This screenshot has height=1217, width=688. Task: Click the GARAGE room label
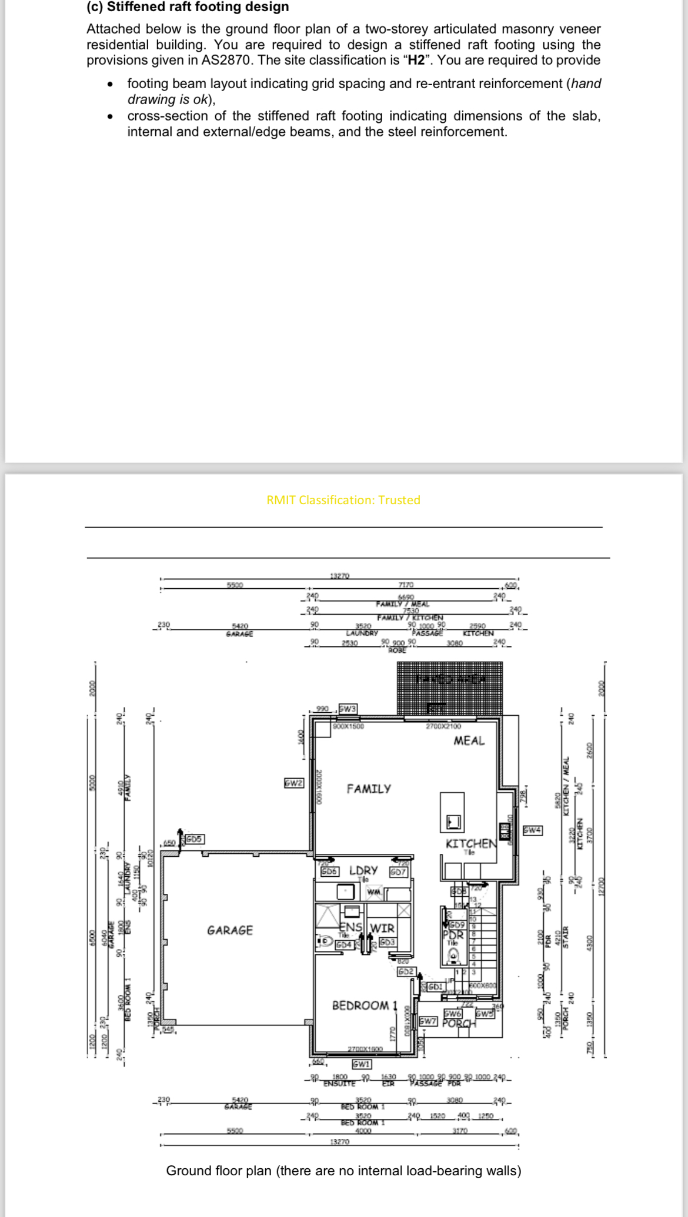coord(230,930)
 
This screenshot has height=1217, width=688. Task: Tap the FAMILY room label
coord(369,789)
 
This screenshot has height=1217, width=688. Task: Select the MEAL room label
coord(469,741)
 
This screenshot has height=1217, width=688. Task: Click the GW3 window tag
coord(348,709)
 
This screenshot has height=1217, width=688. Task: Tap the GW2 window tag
coord(293,783)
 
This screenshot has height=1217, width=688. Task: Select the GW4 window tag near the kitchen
coord(533,830)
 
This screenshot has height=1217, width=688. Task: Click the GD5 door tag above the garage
coord(195,839)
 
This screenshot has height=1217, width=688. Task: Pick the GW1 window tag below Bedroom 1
coord(361,1064)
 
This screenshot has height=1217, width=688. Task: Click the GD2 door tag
coord(406,972)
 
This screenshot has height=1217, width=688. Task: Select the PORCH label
coord(459,1023)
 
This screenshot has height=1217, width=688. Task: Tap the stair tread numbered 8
coord(473,934)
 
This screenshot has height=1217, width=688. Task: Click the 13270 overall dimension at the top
coord(340,576)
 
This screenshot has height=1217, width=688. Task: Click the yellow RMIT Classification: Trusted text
coord(343,500)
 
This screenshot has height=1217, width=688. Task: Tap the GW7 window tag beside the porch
coord(428,1021)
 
